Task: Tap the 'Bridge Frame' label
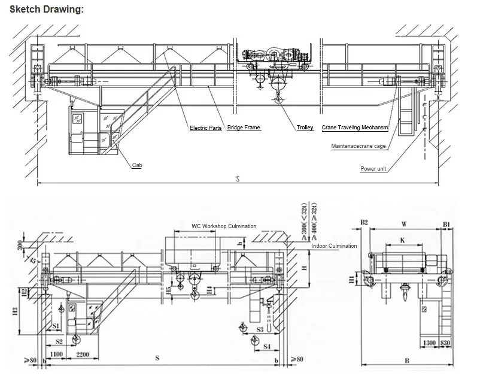[x=244, y=128]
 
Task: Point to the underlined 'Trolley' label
[x=305, y=128]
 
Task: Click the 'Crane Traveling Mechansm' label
[x=354, y=128]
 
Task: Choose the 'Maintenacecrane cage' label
[x=359, y=146]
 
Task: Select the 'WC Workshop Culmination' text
[x=223, y=226]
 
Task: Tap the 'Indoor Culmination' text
[x=334, y=246]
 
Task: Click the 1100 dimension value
[x=56, y=354]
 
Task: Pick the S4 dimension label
[x=267, y=346]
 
